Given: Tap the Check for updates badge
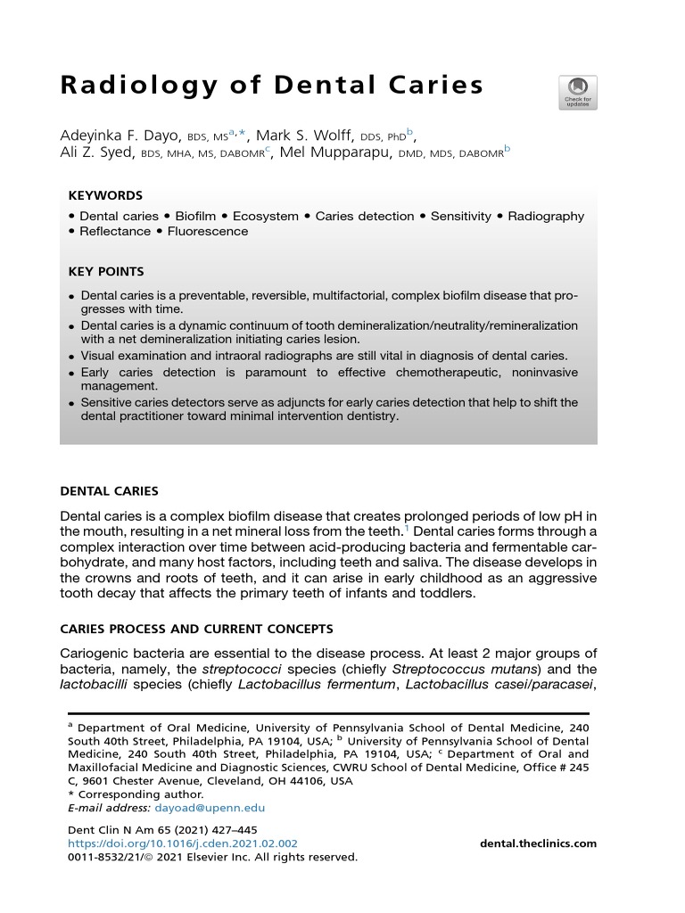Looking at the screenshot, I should (x=578, y=93).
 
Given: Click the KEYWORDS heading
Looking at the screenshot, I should (x=105, y=196).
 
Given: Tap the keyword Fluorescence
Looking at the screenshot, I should (x=207, y=232).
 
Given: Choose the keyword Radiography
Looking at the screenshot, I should (x=546, y=217).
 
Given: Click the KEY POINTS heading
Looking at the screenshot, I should (x=106, y=272).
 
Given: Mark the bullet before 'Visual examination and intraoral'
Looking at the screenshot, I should (x=71, y=356).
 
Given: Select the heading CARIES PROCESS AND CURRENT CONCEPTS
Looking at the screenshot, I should (x=196, y=629).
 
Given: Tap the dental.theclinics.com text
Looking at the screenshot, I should (x=538, y=843).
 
